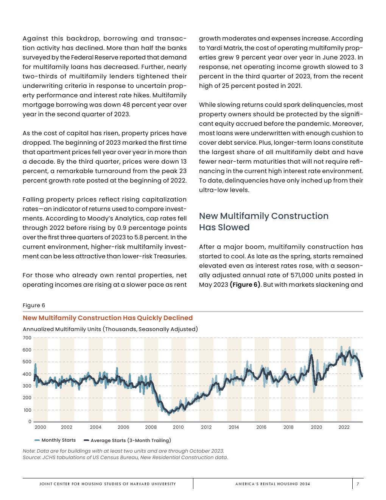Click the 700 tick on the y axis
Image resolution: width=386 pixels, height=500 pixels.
(x=27, y=338)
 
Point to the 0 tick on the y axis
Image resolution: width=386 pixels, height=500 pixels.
(x=30, y=422)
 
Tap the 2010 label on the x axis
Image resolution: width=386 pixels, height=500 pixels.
(x=178, y=427)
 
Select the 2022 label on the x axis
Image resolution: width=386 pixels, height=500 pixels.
(x=344, y=427)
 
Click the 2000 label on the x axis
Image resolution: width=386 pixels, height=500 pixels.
(x=40, y=427)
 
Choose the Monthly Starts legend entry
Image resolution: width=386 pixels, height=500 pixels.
(x=58, y=440)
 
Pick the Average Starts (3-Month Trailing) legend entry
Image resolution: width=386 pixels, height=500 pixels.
(x=131, y=441)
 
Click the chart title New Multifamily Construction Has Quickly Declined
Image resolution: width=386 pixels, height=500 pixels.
(x=107, y=318)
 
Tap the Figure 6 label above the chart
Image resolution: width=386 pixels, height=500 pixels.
(x=34, y=305)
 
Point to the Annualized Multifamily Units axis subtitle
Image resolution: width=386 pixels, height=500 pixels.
(x=110, y=329)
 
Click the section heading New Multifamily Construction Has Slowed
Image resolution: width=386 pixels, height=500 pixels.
(x=263, y=222)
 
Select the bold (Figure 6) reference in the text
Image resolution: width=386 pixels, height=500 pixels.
(x=245, y=285)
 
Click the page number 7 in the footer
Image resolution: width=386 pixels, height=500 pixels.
(x=358, y=484)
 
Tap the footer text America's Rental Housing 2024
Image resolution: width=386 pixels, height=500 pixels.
(x=272, y=484)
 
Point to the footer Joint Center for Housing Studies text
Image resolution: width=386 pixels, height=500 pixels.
(x=107, y=484)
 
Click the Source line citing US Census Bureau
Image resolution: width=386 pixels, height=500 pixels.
(x=125, y=458)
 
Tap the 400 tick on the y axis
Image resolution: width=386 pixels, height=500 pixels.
(x=27, y=374)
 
